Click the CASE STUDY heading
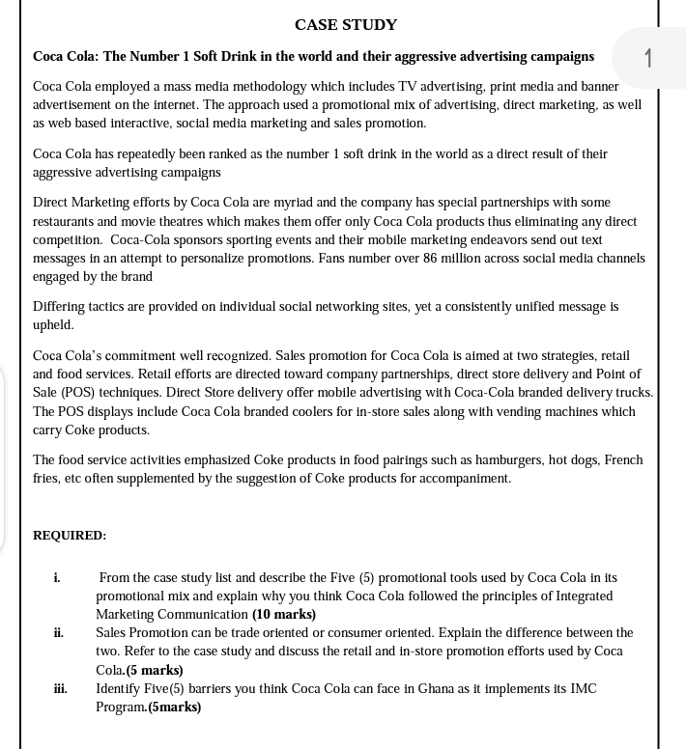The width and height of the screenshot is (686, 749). point(345,24)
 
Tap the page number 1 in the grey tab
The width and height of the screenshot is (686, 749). point(648,58)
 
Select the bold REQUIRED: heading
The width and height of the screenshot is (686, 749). point(70,535)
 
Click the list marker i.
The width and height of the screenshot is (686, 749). point(57,577)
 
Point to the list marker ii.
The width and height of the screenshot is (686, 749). point(59,633)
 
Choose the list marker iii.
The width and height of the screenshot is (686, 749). point(60,689)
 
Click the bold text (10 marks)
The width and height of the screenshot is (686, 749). point(284,614)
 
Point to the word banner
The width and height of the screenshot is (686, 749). point(599,86)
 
